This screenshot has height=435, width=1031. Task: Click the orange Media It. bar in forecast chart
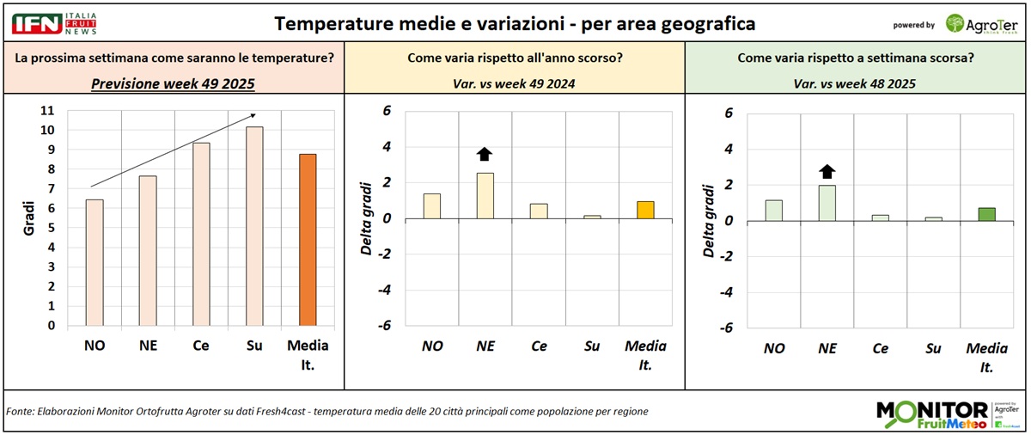pos(308,240)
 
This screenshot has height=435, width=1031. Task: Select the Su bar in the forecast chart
pos(253,226)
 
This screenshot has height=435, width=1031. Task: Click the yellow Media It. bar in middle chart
pos(645,210)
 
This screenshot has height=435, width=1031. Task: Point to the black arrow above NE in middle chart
pos(485,154)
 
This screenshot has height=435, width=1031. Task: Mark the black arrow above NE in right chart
pos(827,170)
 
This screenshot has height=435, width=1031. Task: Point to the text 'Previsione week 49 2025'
pos(172,83)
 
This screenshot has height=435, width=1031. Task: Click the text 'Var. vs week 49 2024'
pos(514,83)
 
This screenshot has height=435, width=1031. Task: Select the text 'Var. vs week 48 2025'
pos(857,83)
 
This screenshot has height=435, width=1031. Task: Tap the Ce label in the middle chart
pos(539,346)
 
